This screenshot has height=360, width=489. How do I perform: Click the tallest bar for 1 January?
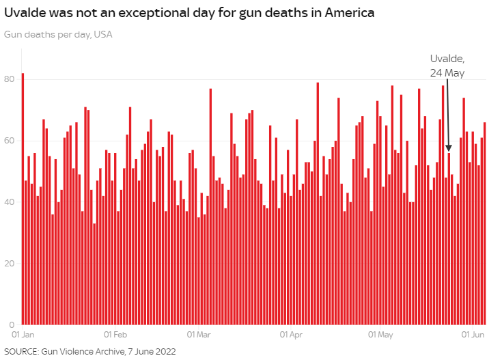(23, 198)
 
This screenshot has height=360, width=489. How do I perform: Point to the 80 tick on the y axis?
(9, 79)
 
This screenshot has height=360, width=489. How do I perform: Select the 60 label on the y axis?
(9, 141)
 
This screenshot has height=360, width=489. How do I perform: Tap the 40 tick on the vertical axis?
(9, 202)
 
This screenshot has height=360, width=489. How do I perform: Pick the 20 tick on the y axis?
(9, 264)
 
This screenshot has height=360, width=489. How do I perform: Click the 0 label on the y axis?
(12, 324)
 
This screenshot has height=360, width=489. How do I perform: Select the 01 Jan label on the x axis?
(23, 335)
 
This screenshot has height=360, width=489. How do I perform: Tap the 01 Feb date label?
(115, 335)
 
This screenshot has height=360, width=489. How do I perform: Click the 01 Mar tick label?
(199, 335)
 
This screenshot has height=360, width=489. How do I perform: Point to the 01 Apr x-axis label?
(291, 335)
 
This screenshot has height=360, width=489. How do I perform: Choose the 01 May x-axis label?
(380, 335)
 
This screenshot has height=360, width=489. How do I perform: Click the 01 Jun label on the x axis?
(473, 335)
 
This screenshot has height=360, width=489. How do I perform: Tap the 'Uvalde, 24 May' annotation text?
(447, 66)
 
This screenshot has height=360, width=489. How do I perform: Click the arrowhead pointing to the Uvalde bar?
(449, 148)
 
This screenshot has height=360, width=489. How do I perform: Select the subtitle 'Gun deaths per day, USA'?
(58, 34)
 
